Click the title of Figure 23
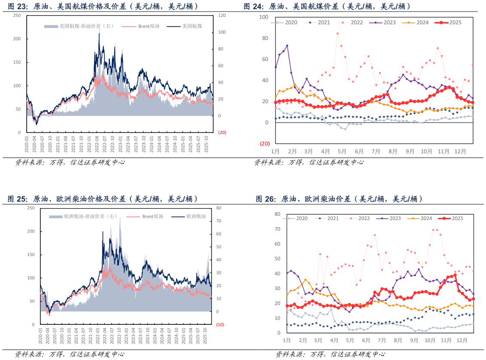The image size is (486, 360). [x=103, y=6]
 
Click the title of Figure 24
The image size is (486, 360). [x=327, y=6]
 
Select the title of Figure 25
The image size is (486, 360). [x=103, y=199]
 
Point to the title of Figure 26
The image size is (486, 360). [x=339, y=199]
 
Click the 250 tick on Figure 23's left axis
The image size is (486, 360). [x=17, y=15]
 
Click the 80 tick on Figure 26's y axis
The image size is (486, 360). [x=277, y=214]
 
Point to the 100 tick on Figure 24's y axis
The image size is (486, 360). [x=263, y=17]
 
